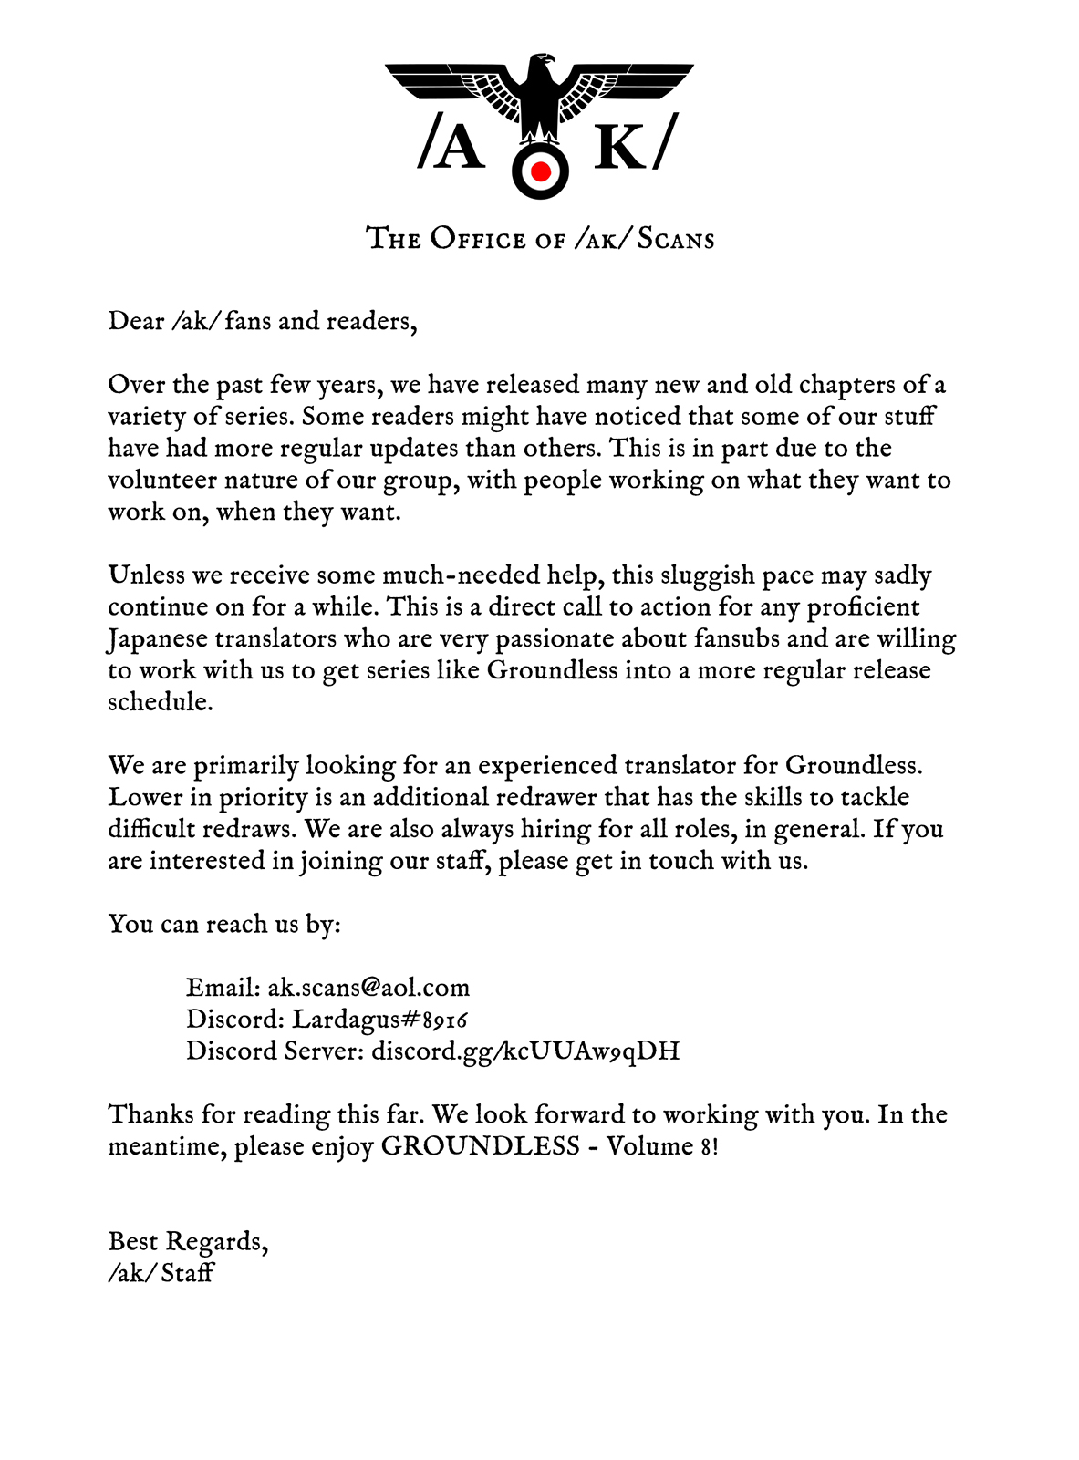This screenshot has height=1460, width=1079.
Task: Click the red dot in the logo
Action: click(540, 171)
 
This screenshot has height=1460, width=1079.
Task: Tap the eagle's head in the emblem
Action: click(541, 66)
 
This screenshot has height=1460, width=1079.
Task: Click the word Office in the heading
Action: click(479, 239)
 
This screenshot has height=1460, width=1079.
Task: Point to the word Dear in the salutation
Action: click(136, 321)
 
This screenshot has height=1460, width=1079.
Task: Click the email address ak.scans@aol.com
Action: click(368, 988)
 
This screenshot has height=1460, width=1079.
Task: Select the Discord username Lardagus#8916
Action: click(379, 1019)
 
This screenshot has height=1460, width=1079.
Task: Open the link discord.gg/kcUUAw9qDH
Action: click(525, 1051)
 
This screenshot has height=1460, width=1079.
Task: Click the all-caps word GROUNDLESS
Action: click(480, 1145)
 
